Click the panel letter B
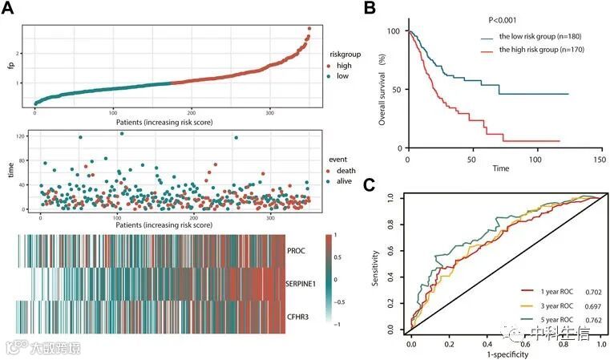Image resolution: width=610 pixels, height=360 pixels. [x=370, y=9]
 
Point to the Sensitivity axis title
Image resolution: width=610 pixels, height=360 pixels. [x=376, y=265]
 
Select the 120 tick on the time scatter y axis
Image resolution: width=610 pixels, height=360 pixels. [x=19, y=136]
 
